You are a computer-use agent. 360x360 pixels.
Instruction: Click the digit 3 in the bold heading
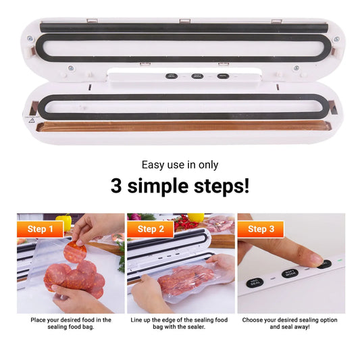[117, 185]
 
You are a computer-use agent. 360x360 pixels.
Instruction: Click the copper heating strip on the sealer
[182, 126]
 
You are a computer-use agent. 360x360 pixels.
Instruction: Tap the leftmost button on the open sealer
[171, 76]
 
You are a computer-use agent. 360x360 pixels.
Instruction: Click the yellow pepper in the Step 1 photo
[63, 220]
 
